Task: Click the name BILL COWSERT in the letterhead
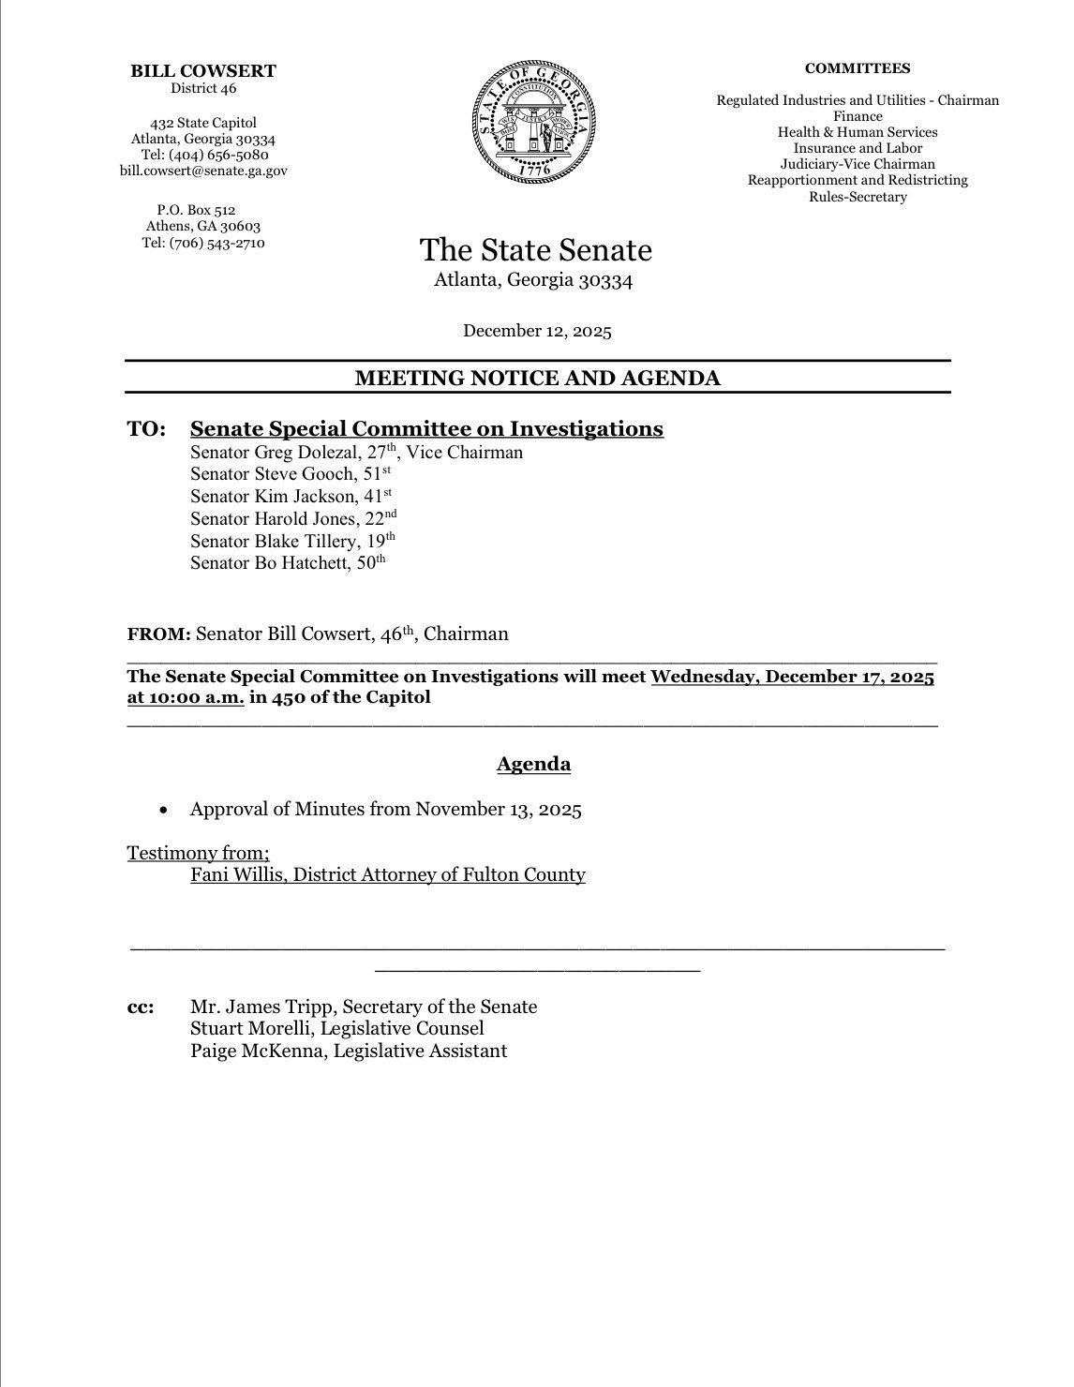point(203,70)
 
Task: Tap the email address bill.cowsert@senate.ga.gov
point(203,171)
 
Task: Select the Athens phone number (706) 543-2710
point(203,243)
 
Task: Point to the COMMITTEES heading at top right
point(857,68)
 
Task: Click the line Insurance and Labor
point(857,148)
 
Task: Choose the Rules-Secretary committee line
point(857,197)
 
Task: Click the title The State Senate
point(535,250)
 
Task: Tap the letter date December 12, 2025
point(537,330)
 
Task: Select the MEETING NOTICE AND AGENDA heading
point(537,378)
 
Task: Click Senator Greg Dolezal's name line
point(356,453)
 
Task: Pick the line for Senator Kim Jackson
point(291,497)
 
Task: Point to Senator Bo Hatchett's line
point(287,563)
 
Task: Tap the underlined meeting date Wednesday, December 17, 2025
point(792,678)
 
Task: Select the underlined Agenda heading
point(533,764)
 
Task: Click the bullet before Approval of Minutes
point(165,810)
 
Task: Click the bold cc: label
point(142,1007)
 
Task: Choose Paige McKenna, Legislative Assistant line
point(349,1051)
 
